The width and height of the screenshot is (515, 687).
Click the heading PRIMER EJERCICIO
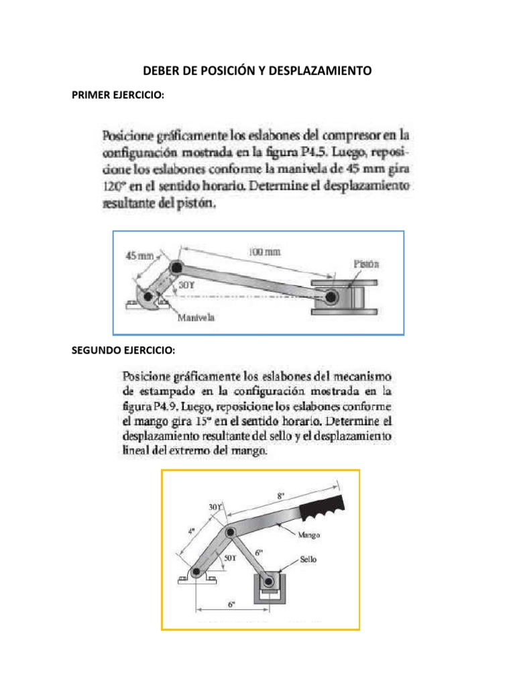tap(118, 95)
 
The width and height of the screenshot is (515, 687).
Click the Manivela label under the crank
tap(196, 319)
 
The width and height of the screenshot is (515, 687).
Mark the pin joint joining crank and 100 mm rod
tap(176, 268)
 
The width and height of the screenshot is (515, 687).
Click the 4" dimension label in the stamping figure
tap(191, 531)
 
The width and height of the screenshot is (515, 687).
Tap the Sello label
tap(308, 558)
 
